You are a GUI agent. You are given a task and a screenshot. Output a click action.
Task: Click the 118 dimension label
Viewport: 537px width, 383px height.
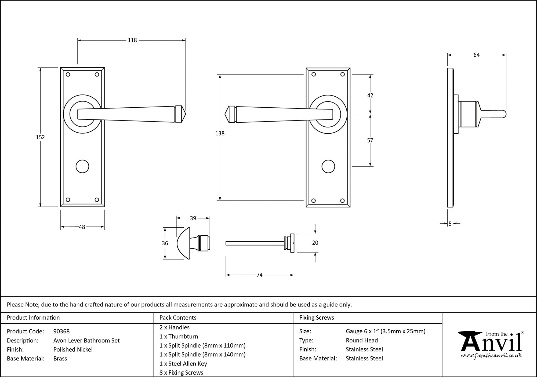[132, 40]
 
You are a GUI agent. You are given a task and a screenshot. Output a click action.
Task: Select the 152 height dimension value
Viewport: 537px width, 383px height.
[40, 137]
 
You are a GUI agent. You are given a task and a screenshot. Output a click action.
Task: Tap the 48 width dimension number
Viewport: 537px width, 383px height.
[82, 227]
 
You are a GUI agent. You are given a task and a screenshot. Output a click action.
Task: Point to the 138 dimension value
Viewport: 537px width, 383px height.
[220, 133]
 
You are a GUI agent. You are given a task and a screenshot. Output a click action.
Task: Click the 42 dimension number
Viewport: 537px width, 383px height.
[370, 95]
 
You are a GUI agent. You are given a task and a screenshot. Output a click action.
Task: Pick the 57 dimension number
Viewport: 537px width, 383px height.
[370, 140]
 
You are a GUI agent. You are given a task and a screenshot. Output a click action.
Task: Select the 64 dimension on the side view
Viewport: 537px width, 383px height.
[476, 55]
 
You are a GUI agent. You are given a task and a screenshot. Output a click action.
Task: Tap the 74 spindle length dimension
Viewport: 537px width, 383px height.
[259, 275]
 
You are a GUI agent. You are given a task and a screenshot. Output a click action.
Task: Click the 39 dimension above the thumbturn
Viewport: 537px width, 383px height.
[193, 218]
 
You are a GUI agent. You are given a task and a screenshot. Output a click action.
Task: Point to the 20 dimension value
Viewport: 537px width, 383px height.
[315, 243]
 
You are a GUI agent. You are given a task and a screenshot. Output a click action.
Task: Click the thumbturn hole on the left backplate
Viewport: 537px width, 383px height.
[82, 166]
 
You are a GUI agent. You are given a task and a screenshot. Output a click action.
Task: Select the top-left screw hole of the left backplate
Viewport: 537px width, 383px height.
[68, 74]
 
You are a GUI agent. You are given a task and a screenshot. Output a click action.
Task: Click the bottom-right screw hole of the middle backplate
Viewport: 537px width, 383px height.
[342, 200]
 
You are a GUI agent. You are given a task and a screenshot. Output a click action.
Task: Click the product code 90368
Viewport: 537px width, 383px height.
[61, 331]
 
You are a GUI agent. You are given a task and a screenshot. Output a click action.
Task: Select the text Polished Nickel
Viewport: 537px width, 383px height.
[73, 349]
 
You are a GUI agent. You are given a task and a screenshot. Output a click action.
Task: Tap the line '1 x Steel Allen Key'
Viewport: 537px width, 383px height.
[183, 364]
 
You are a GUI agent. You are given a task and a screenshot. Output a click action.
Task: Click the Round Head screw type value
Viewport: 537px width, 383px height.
[362, 340]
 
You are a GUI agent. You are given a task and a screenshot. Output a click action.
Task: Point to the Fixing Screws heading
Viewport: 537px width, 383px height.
[317, 318]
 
